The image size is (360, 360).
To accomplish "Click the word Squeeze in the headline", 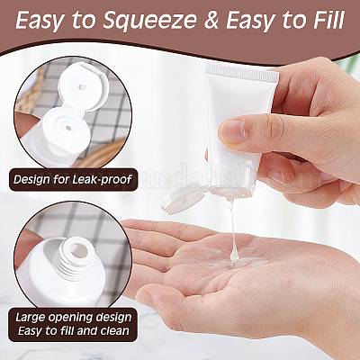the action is pyautogui.click(x=150, y=21).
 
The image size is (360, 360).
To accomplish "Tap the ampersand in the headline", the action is pyautogui.click(x=212, y=21).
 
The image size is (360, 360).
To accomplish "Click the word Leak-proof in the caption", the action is pyautogui.click(x=103, y=180).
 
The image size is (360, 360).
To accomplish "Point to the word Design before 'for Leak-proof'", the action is pyautogui.click(x=31, y=180).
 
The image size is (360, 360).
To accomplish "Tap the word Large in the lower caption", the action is pyautogui.click(x=31, y=318).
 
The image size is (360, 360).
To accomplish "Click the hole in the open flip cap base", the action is pyautogui.click(x=68, y=129).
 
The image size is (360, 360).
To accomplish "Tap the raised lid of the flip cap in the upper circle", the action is pyautogui.click(x=81, y=87).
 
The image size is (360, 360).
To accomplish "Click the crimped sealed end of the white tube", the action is pyautogui.click(x=242, y=73).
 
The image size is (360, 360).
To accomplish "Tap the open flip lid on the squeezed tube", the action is pyautogui.click(x=183, y=202).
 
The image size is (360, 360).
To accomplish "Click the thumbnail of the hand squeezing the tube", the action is pyautogui.click(x=233, y=130).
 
